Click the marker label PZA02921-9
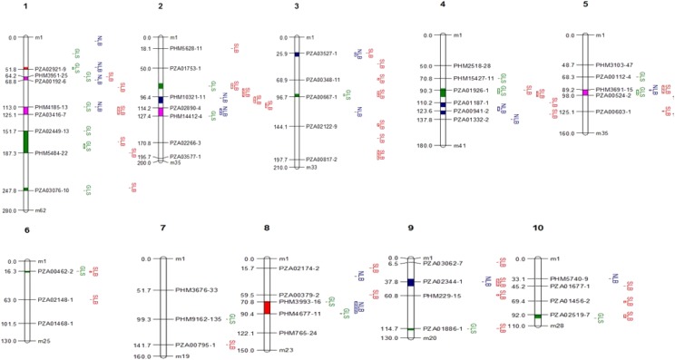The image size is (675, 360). pos(49,69)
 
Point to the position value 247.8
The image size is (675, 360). pos(11,190)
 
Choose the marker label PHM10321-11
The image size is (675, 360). pos(189,97)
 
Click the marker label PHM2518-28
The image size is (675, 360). pos(472,65)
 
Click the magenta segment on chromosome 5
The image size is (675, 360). pos(586,92)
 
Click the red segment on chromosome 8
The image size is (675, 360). pos(267,307)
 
